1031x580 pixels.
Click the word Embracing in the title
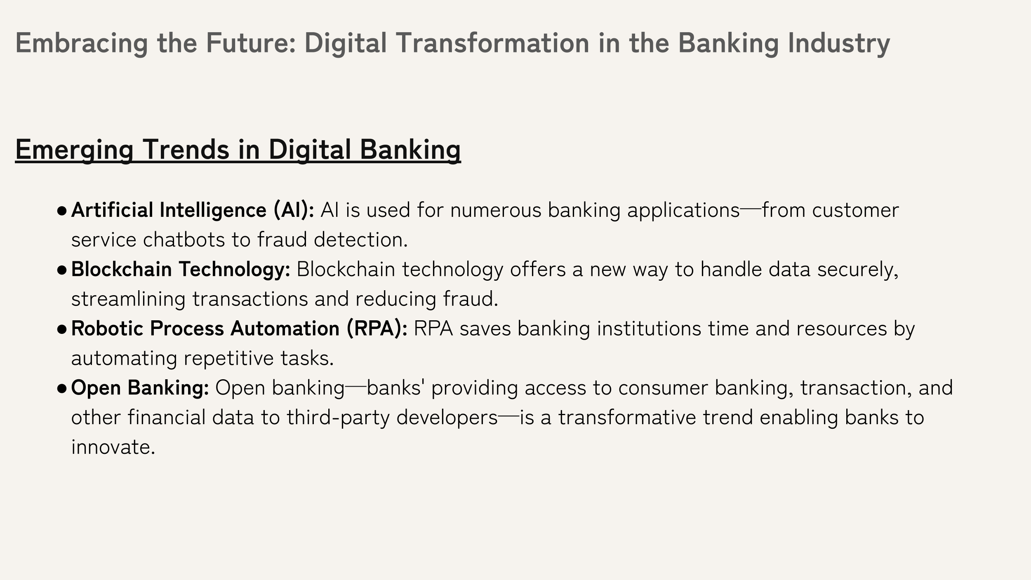click(82, 43)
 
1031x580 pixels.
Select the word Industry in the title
click(839, 43)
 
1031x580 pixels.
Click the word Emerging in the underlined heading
click(74, 149)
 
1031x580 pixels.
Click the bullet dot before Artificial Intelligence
click(62, 211)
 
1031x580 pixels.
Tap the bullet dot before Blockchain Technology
click(62, 270)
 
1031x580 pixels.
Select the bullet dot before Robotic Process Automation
click(62, 330)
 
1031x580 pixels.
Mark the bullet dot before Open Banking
click(62, 389)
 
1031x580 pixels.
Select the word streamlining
click(128, 299)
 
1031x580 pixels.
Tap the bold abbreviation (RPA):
click(377, 329)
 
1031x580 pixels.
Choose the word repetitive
click(228, 359)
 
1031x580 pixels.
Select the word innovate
click(113, 447)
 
